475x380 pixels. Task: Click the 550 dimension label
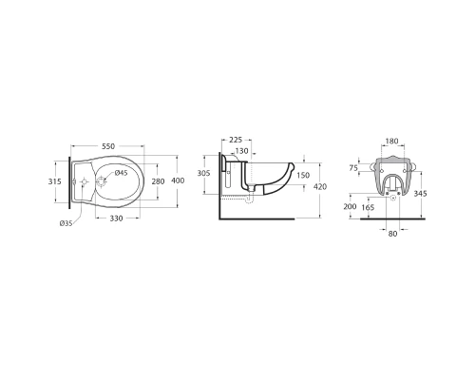(x=108, y=146)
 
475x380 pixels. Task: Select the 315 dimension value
(x=54, y=181)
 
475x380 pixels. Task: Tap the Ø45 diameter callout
(x=121, y=173)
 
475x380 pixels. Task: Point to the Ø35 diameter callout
(x=66, y=223)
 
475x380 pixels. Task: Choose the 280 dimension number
(x=158, y=181)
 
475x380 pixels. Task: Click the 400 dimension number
(x=178, y=180)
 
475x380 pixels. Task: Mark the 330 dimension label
(x=117, y=218)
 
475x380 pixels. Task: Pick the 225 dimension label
(x=236, y=140)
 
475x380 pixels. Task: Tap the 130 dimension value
(x=242, y=151)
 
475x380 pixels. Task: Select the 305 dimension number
(x=203, y=173)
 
